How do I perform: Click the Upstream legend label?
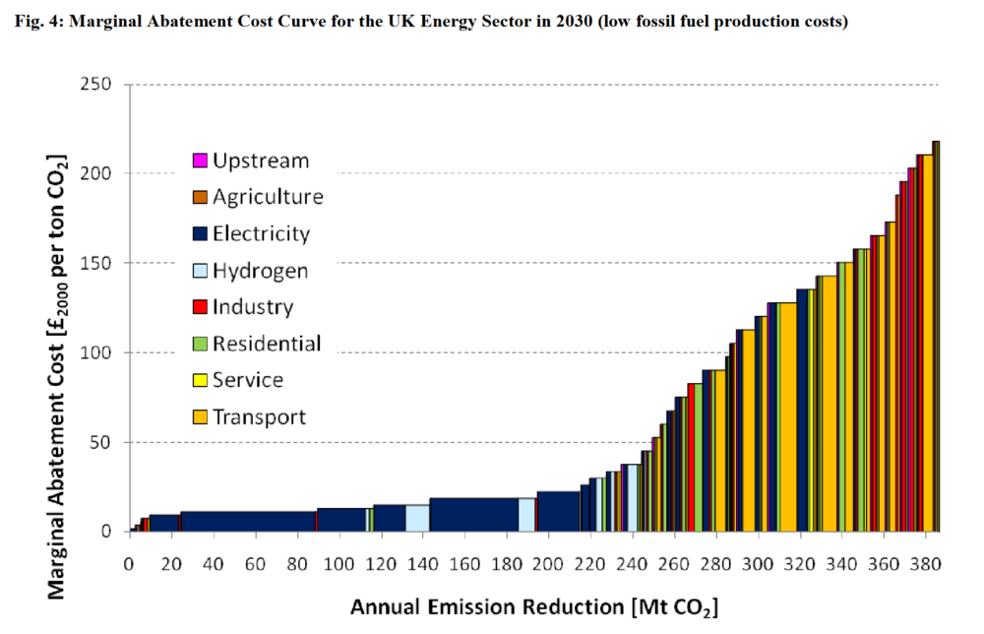(x=261, y=160)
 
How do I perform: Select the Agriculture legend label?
(x=268, y=197)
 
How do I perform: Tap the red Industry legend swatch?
(x=200, y=307)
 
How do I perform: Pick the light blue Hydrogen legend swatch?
(x=200, y=271)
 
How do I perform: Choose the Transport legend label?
(x=259, y=416)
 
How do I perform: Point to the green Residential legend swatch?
(x=200, y=344)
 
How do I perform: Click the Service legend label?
(x=248, y=380)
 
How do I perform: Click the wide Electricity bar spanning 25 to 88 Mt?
(x=248, y=522)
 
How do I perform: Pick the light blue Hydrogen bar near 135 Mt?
(x=417, y=519)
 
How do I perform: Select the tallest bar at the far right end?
(x=936, y=335)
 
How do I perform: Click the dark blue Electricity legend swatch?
(x=200, y=234)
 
